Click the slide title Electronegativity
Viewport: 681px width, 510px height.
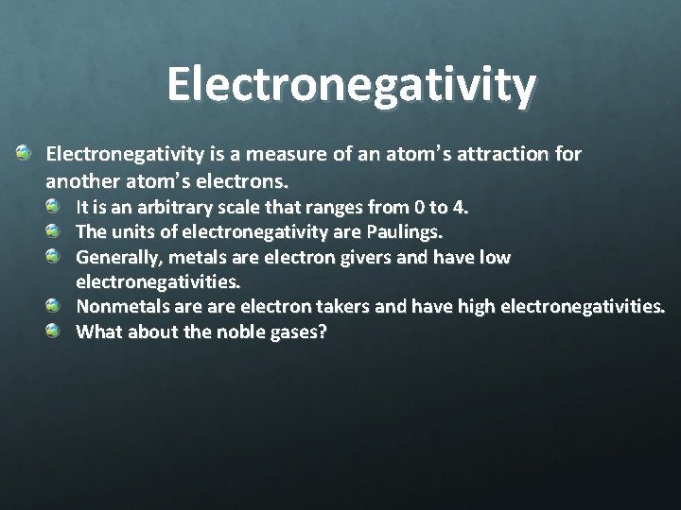(351, 84)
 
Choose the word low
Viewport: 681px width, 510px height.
(493, 256)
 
